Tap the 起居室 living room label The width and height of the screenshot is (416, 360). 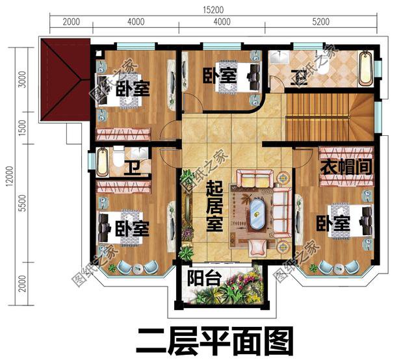[x=214, y=207]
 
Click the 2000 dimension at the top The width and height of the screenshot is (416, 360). [x=71, y=21]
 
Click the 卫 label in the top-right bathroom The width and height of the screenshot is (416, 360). [x=300, y=79]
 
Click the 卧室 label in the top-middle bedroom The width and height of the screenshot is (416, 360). [x=218, y=75]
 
